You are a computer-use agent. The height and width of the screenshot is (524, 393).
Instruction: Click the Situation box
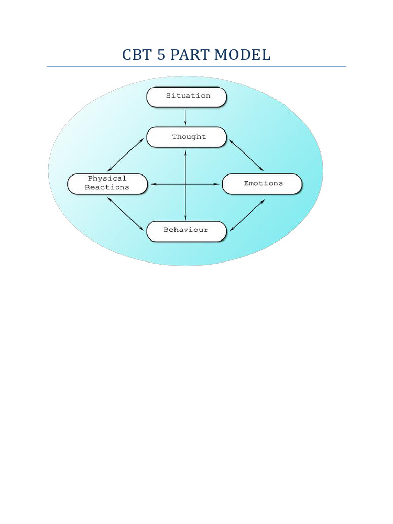point(186,97)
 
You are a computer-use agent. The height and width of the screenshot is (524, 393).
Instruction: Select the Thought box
point(186,137)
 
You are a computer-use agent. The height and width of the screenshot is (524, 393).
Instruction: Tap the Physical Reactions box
point(107,183)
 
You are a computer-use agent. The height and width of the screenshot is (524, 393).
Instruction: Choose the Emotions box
point(262,184)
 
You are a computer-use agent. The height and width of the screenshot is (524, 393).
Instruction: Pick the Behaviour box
point(186,231)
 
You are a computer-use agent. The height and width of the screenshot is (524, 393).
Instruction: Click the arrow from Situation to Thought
point(185,117)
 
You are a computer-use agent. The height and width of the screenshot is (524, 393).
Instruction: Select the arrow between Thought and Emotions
point(246,155)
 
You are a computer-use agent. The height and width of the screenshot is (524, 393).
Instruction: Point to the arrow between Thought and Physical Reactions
point(126,155)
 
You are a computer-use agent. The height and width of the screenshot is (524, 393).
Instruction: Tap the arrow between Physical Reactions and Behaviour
point(126,213)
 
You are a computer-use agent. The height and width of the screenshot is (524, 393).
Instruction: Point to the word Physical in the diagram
point(107,179)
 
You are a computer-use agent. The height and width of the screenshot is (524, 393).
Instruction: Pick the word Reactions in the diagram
point(107,188)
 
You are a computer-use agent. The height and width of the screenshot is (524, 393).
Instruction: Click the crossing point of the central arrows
point(185,184)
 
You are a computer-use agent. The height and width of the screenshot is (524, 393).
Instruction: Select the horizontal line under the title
point(196,67)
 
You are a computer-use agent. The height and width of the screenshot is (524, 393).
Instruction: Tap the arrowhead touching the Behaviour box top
point(185,219)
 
